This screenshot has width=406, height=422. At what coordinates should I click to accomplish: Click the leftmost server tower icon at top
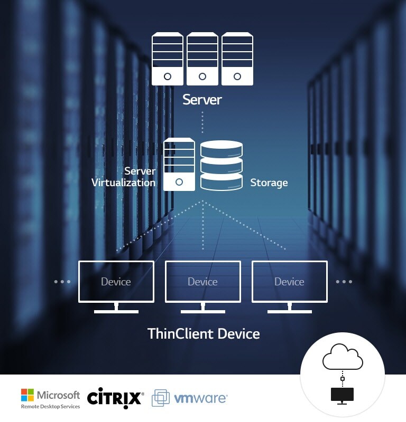[168, 59]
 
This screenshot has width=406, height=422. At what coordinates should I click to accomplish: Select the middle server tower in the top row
[202, 59]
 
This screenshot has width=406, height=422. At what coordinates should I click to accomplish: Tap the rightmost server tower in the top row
[237, 59]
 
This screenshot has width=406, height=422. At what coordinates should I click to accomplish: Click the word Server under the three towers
[202, 99]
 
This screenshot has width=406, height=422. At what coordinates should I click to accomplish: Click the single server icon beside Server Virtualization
[179, 164]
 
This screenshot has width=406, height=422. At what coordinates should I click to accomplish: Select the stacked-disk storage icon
[222, 166]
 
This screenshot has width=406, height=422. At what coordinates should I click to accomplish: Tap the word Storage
[269, 183]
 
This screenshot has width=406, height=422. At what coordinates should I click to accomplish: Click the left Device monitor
[116, 282]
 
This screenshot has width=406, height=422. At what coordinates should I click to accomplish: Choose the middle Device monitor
[203, 282]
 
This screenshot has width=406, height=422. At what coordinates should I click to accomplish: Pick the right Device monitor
[290, 282]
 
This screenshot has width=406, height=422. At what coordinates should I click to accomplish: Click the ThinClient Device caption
[204, 334]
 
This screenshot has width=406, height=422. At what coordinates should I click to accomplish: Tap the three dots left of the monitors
[62, 282]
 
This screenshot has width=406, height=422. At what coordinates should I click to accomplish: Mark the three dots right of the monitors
[344, 282]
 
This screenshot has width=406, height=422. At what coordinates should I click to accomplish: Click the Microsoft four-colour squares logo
[27, 395]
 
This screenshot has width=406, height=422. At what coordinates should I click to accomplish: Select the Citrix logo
[115, 397]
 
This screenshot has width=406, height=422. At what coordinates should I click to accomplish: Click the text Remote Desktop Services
[51, 407]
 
